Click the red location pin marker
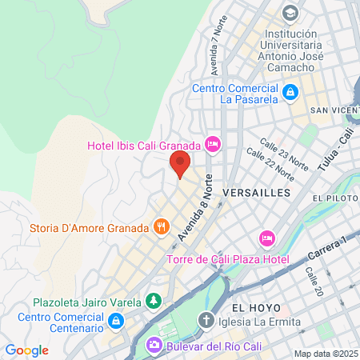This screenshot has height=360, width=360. (x=180, y=164)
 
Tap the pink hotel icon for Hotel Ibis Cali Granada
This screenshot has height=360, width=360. (x=213, y=145)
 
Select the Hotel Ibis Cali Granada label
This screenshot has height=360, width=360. (x=144, y=146)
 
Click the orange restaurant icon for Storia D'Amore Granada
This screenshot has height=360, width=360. (x=162, y=226)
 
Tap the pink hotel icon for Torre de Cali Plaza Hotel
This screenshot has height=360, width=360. (x=267, y=238)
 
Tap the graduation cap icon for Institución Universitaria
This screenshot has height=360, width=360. (x=290, y=14)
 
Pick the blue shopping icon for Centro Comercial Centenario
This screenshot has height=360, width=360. (x=116, y=322)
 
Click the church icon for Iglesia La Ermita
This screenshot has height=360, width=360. (x=206, y=321)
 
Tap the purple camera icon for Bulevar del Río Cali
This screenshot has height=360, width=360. (x=152, y=346)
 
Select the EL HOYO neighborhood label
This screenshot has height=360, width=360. (x=254, y=307)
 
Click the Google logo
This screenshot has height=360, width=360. (x=26, y=350)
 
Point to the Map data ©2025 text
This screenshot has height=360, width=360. (x=325, y=354)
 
